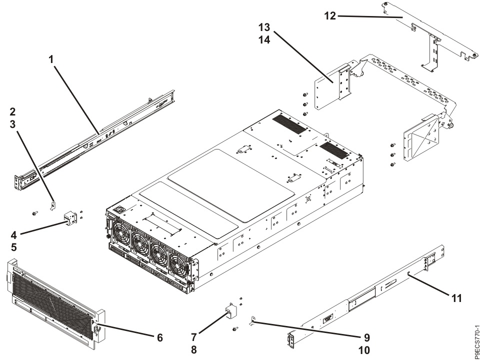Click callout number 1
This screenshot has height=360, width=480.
[x=51, y=58]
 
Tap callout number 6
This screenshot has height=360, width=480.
[x=160, y=338]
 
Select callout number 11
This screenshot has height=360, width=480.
[x=455, y=298]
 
